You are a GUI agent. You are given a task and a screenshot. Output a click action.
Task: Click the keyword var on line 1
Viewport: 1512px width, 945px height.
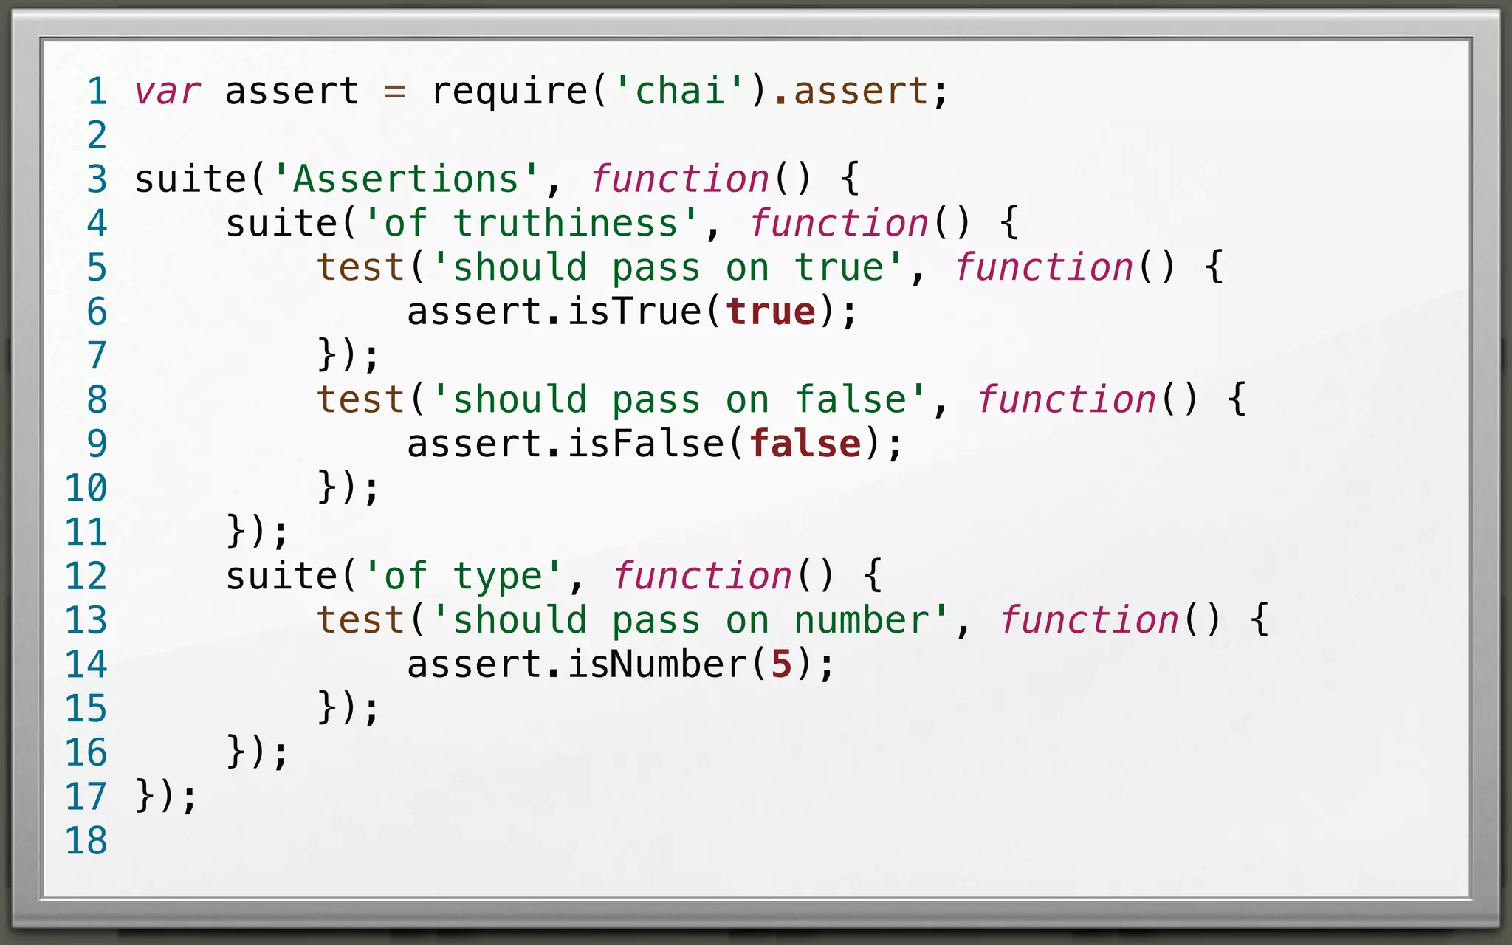(167, 92)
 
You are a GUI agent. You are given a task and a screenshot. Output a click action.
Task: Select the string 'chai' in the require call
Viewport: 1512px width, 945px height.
(680, 92)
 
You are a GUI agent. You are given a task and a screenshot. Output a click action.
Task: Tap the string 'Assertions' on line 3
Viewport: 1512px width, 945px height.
(406, 179)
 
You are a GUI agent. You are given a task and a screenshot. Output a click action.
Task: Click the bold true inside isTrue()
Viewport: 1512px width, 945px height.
(771, 312)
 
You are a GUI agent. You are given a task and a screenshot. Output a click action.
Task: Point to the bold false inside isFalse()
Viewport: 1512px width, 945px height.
(805, 444)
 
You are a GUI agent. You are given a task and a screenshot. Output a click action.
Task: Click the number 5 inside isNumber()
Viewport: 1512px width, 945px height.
(781, 664)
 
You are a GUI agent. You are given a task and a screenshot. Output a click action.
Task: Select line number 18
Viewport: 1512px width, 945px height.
(86, 841)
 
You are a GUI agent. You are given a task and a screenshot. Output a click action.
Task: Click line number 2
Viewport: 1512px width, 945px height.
(97, 136)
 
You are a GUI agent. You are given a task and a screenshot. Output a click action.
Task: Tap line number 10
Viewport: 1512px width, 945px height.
(86, 488)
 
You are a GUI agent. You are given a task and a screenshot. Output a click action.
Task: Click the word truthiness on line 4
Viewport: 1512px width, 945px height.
(566, 224)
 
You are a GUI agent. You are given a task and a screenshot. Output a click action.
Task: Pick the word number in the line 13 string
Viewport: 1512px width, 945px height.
(861, 620)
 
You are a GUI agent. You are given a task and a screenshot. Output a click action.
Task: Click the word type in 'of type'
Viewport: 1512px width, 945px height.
(498, 577)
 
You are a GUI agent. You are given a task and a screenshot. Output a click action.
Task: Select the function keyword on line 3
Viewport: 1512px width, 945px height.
(679, 179)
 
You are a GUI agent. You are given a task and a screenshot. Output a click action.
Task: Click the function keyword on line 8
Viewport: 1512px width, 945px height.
(1066, 400)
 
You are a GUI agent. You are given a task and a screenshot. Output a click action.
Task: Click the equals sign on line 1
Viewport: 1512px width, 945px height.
(395, 92)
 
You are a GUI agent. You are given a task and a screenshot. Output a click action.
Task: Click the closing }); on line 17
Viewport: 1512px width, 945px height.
(167, 797)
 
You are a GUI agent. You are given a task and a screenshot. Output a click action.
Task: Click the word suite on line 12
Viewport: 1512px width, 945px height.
(281, 577)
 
